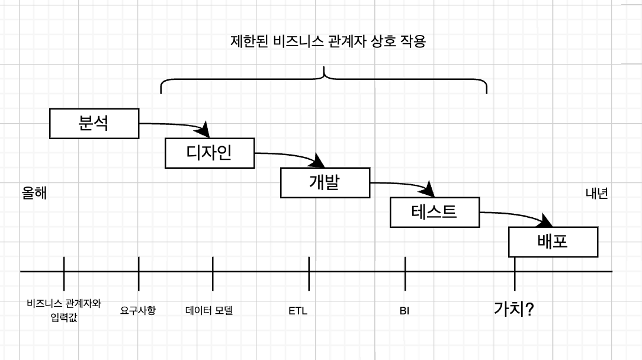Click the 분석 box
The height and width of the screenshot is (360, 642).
pyautogui.click(x=94, y=123)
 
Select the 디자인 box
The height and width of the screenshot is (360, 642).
pyautogui.click(x=210, y=153)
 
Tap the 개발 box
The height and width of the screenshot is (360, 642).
pyautogui.click(x=325, y=182)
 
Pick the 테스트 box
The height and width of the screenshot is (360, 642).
pyautogui.click(x=434, y=212)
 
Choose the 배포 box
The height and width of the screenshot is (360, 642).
pyautogui.click(x=553, y=242)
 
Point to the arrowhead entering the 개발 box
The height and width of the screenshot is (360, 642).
pyautogui.click(x=320, y=160)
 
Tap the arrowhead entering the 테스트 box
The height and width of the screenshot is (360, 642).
pyautogui.click(x=428, y=191)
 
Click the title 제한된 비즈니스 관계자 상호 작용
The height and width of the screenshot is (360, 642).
pyautogui.click(x=328, y=42)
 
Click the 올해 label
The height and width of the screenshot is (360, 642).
pyautogui.click(x=34, y=194)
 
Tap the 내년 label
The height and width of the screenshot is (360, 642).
pyautogui.click(x=596, y=194)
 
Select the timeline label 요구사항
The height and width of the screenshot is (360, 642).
pyautogui.click(x=138, y=310)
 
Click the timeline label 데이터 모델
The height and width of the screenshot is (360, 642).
pyautogui.click(x=209, y=310)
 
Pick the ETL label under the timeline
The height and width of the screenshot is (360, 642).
pyautogui.click(x=298, y=310)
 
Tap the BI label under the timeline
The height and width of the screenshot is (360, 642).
pyautogui.click(x=405, y=310)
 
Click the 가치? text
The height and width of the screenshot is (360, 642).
pyautogui.click(x=514, y=308)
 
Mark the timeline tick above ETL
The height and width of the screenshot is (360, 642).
pyautogui.click(x=309, y=271)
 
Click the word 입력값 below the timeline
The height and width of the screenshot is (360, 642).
pyautogui.click(x=64, y=318)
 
